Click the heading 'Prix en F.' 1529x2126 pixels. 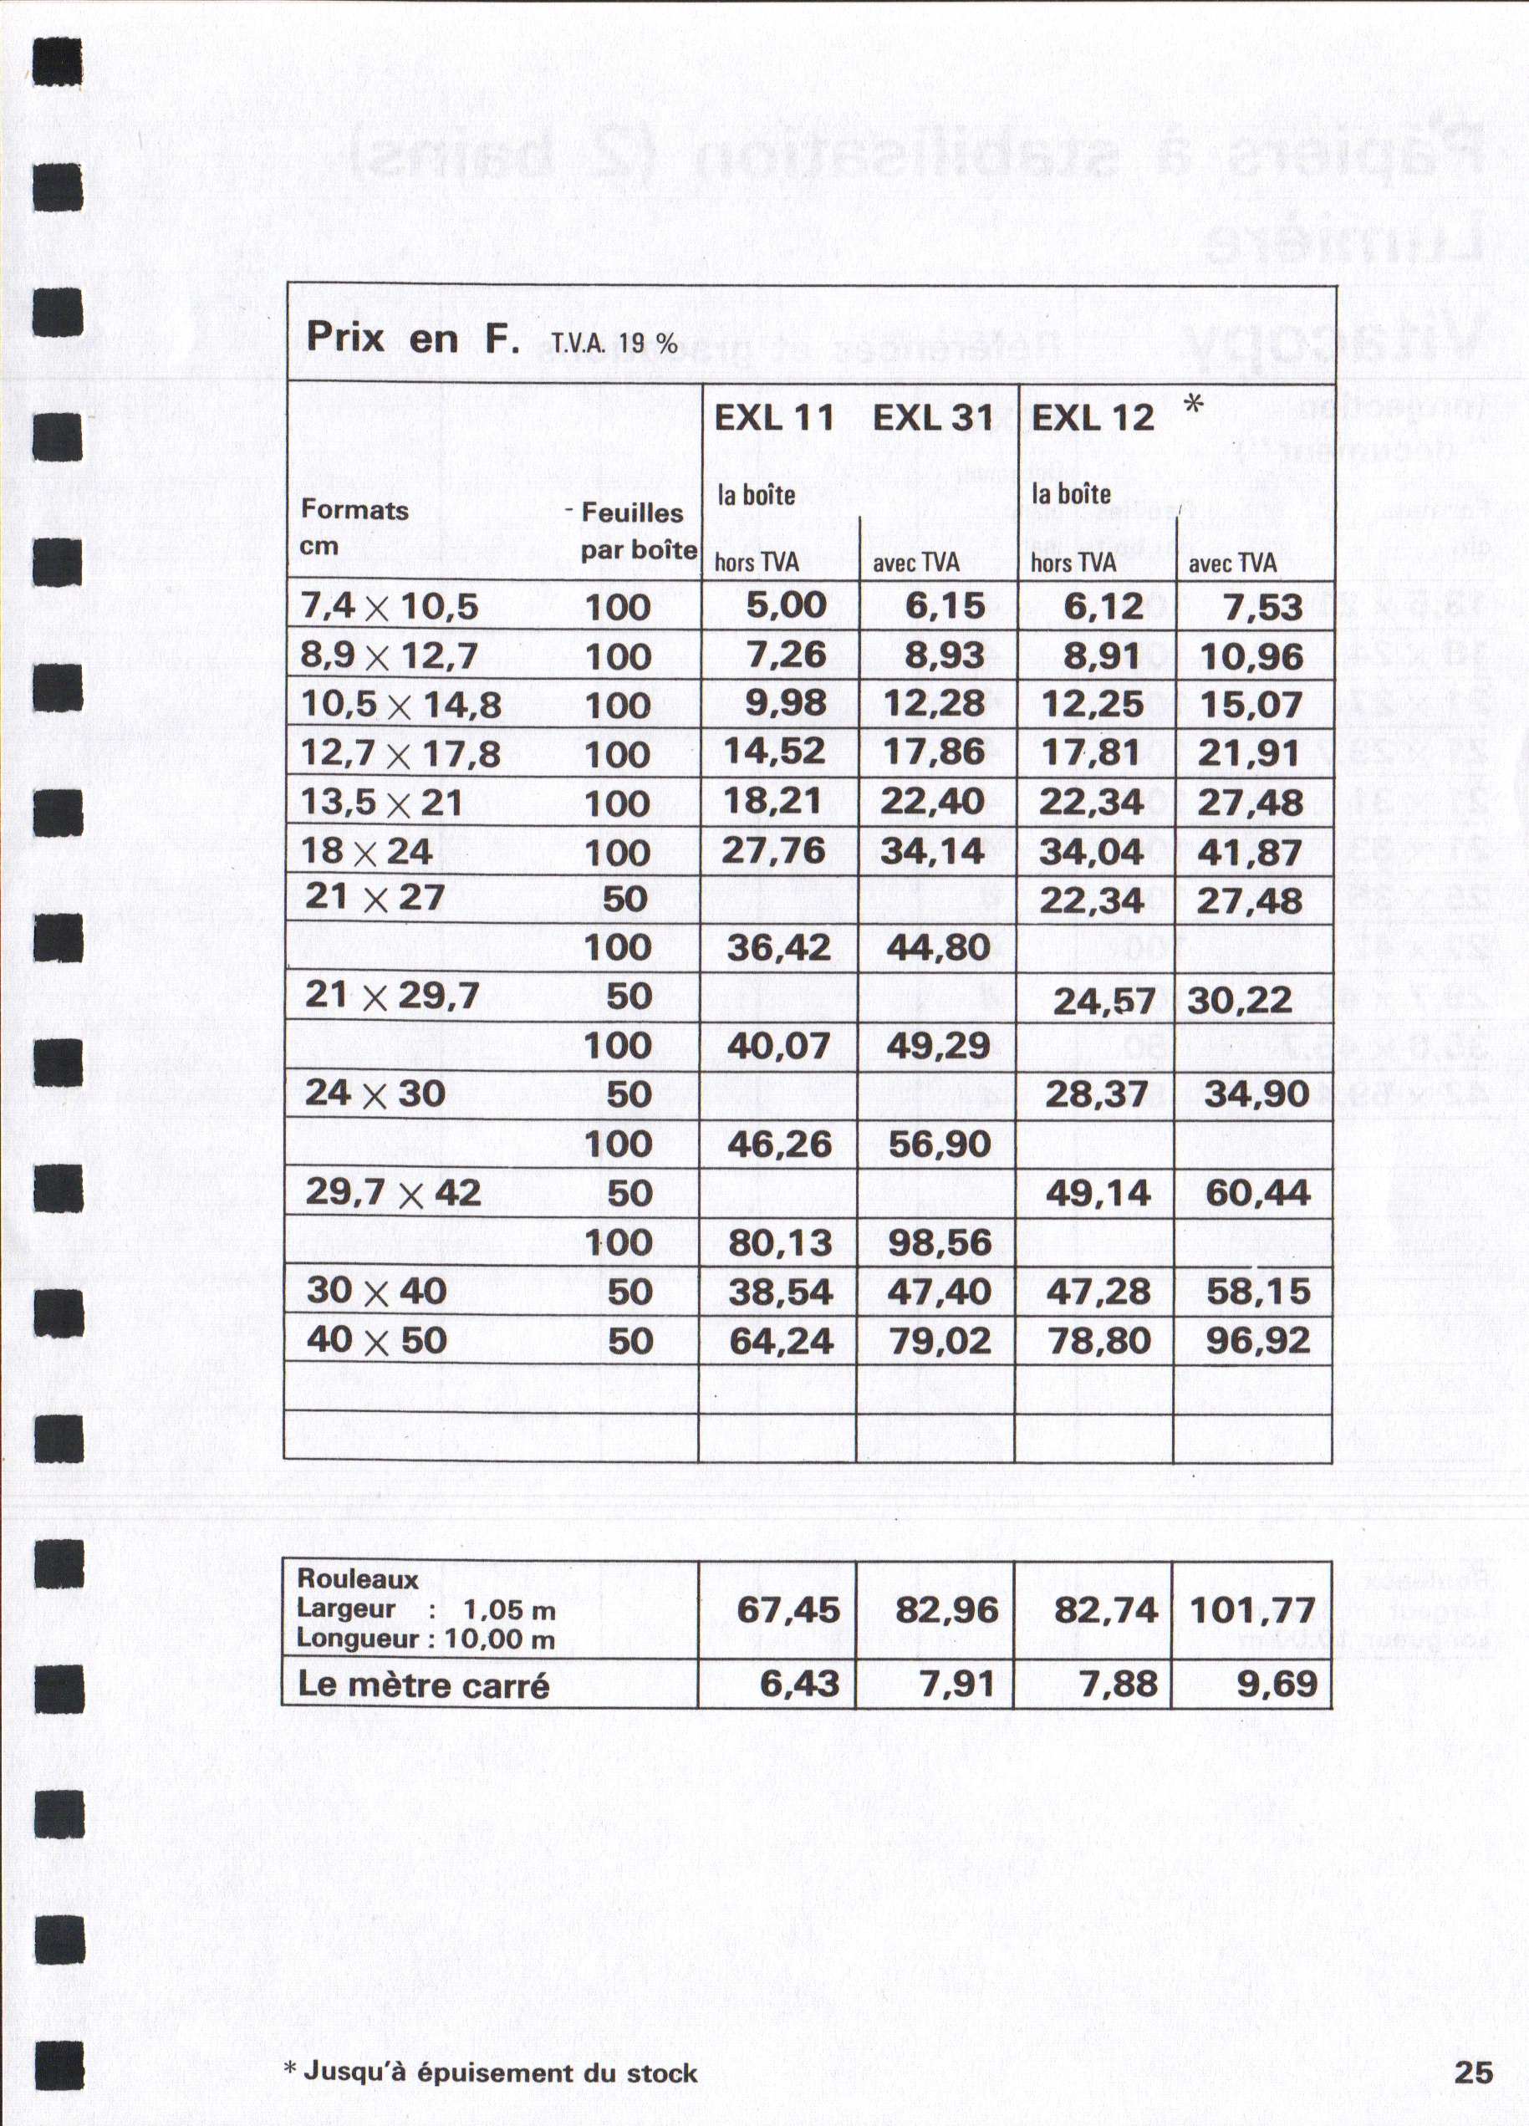412,339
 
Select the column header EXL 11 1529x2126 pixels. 773,418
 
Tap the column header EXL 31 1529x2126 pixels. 933,418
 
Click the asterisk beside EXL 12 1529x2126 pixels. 1194,404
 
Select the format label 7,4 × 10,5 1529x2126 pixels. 389,608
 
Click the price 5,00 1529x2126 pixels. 786,605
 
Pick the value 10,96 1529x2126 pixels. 1251,656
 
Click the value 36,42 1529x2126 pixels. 779,948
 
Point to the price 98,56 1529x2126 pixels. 940,1242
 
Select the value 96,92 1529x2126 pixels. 1257,1340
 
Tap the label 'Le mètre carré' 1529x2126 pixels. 423,1685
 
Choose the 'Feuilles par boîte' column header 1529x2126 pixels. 638,531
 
